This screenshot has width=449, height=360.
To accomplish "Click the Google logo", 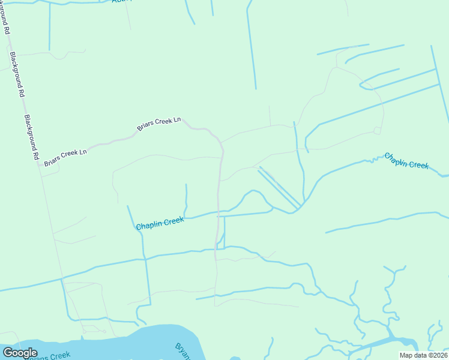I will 20,353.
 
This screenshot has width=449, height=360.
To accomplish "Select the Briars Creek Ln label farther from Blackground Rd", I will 158,124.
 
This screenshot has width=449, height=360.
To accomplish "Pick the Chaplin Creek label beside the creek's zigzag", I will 406,160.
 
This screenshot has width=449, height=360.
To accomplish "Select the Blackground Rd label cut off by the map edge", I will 7,27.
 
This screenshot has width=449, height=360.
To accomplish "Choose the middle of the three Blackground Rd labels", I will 17,74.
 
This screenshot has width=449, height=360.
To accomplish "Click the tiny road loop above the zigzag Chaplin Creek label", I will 377,130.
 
